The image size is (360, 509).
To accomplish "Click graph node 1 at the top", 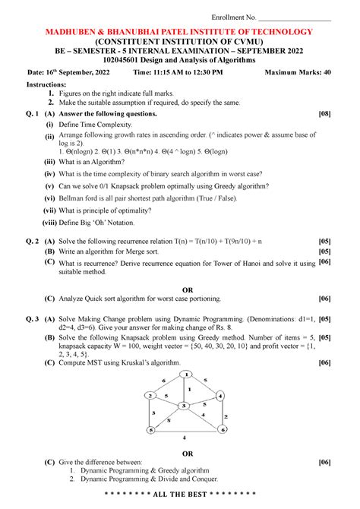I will [x=185, y=374].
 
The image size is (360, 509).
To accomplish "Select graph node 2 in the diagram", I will [x=152, y=396].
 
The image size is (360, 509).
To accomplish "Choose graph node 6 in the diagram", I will [x=223, y=429].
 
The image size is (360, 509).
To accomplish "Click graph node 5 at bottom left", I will [x=151, y=430].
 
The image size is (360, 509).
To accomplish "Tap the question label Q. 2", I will [x=32, y=239].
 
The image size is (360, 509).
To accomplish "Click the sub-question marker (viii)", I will [x=52, y=223].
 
